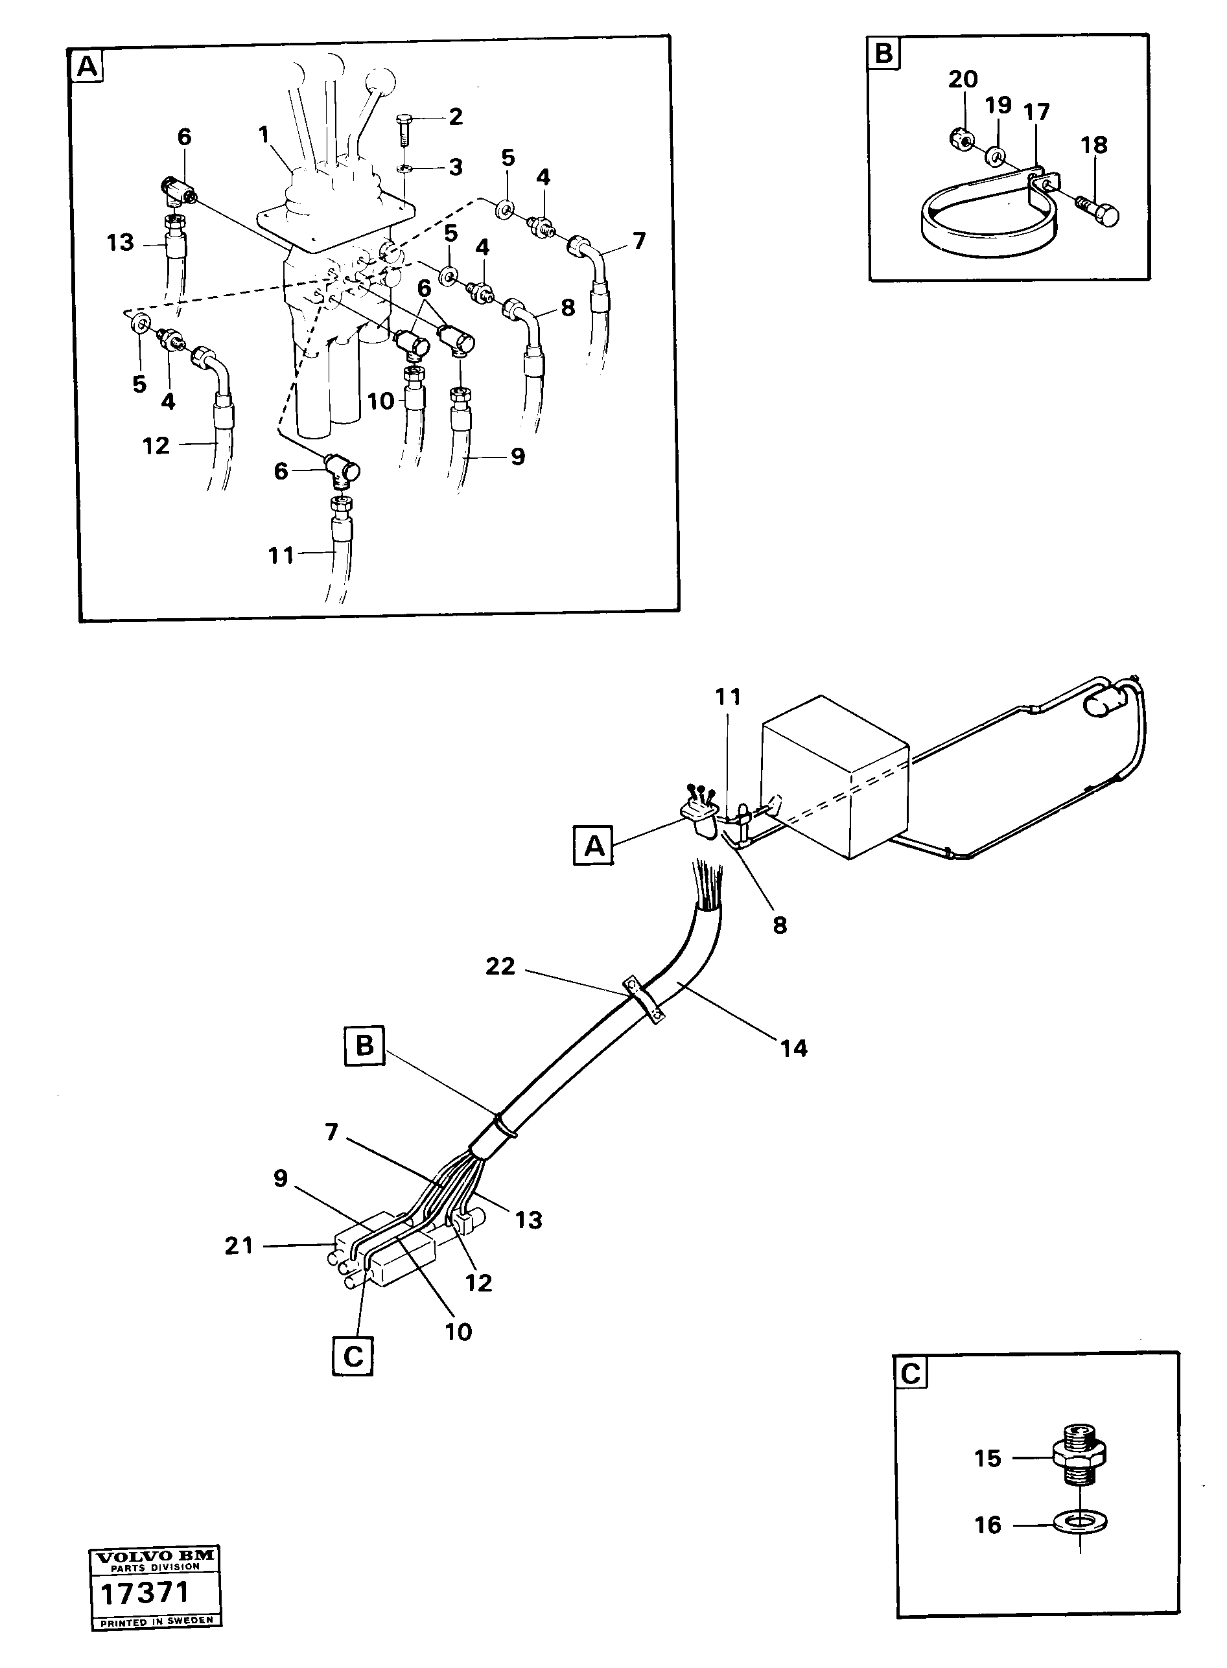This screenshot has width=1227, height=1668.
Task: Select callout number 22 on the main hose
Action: coord(500,966)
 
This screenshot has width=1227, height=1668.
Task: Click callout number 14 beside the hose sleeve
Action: coord(793,1048)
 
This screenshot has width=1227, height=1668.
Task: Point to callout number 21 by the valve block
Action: coord(239,1245)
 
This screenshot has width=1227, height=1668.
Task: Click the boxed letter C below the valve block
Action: coord(353,1356)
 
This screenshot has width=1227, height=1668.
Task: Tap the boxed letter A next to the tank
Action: coord(594,846)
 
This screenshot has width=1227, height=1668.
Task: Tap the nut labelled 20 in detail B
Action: coord(961,137)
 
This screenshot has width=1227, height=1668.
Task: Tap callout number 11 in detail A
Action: coord(281,555)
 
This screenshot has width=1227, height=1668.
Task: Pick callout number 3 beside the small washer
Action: coord(454,167)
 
